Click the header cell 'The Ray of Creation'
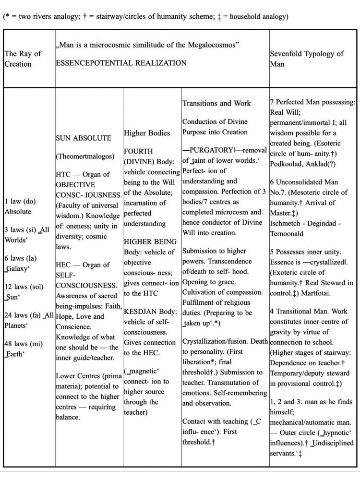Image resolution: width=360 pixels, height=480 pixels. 23,59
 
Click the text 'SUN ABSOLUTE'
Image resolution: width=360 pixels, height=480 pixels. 83,138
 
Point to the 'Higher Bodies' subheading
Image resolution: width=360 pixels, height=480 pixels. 147,133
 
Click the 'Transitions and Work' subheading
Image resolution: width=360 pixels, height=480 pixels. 216,103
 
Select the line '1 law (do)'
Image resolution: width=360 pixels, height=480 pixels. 20,201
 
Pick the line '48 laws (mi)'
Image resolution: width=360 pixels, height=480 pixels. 24,344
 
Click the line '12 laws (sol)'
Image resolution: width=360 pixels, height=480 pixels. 24,287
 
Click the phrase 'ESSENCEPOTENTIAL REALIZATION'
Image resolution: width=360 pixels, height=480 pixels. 121,63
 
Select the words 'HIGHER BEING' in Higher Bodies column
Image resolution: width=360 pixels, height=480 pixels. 150,241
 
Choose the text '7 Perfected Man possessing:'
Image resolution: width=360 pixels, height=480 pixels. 312,102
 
